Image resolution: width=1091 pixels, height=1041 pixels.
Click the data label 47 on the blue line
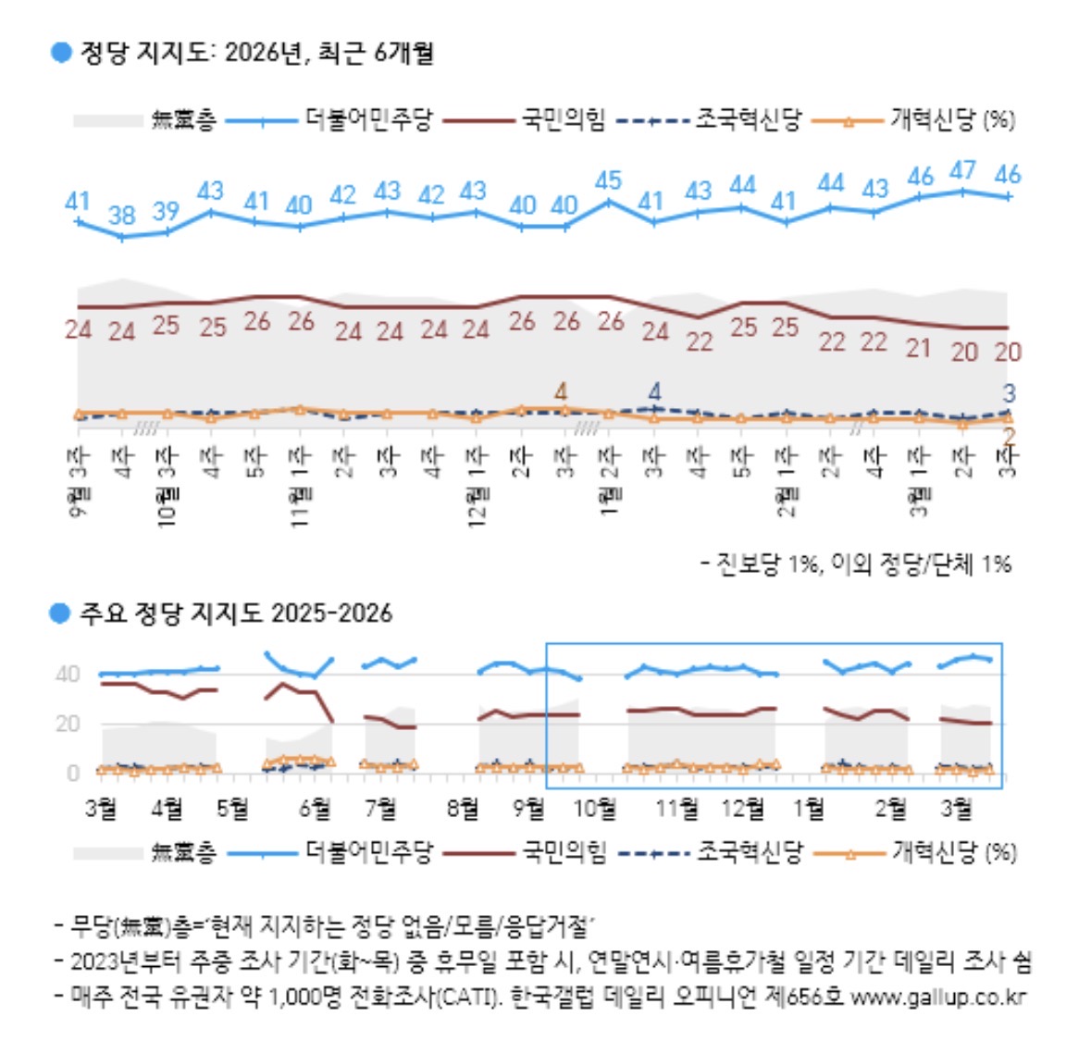point(963,170)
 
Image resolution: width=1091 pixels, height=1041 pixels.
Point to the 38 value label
point(122,215)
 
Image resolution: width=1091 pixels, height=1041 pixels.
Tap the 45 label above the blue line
point(608,180)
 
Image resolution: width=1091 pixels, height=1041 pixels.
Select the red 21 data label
point(918,348)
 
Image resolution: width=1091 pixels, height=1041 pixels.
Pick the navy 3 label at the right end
point(1010,393)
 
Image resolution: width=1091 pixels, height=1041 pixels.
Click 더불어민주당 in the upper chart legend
point(367,119)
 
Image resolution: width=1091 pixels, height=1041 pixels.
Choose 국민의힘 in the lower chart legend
point(564,851)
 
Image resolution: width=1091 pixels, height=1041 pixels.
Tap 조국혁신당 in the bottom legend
point(750,851)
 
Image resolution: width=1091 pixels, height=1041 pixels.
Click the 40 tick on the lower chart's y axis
point(68,674)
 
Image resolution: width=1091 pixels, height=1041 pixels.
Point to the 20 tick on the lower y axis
point(68,724)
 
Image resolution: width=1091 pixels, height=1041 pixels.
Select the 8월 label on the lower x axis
point(463,808)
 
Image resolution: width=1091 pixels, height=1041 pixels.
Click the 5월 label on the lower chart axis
point(232,808)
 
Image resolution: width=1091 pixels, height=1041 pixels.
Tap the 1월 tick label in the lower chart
point(809,808)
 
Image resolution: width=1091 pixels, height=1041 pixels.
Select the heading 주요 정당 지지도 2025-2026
point(235,613)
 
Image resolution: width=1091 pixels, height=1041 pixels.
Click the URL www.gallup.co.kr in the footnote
point(937,997)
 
